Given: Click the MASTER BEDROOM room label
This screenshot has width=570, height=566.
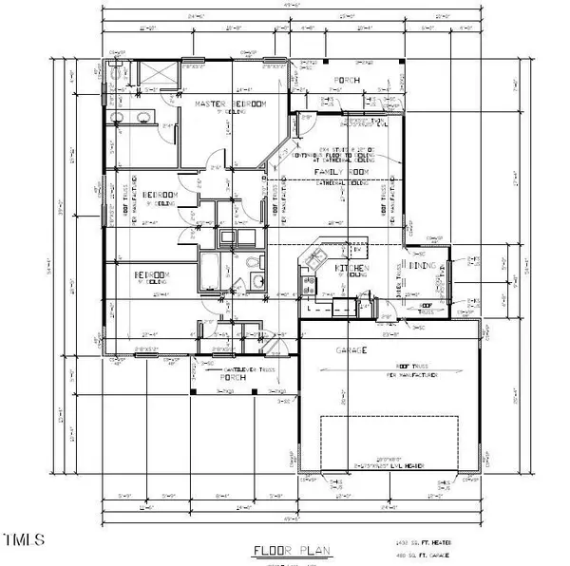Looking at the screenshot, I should pos(230,103).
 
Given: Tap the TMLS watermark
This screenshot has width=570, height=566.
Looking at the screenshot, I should pos(24,541).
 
